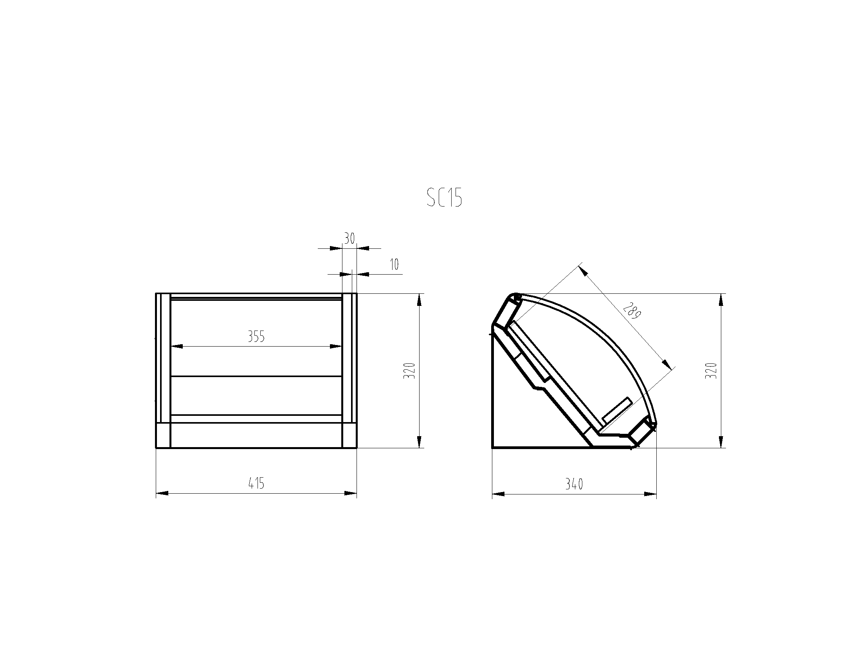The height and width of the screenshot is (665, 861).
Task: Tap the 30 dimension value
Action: point(349,238)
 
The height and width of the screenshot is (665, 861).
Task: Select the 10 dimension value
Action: point(394,264)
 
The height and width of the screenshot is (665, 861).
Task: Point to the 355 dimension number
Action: point(256,337)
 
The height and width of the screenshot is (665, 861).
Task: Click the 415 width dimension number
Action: point(256,483)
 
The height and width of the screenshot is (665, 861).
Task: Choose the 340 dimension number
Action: point(574,484)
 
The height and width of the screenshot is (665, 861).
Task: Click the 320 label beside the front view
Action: point(410,371)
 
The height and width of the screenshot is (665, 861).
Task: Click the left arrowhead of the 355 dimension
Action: point(177,347)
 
